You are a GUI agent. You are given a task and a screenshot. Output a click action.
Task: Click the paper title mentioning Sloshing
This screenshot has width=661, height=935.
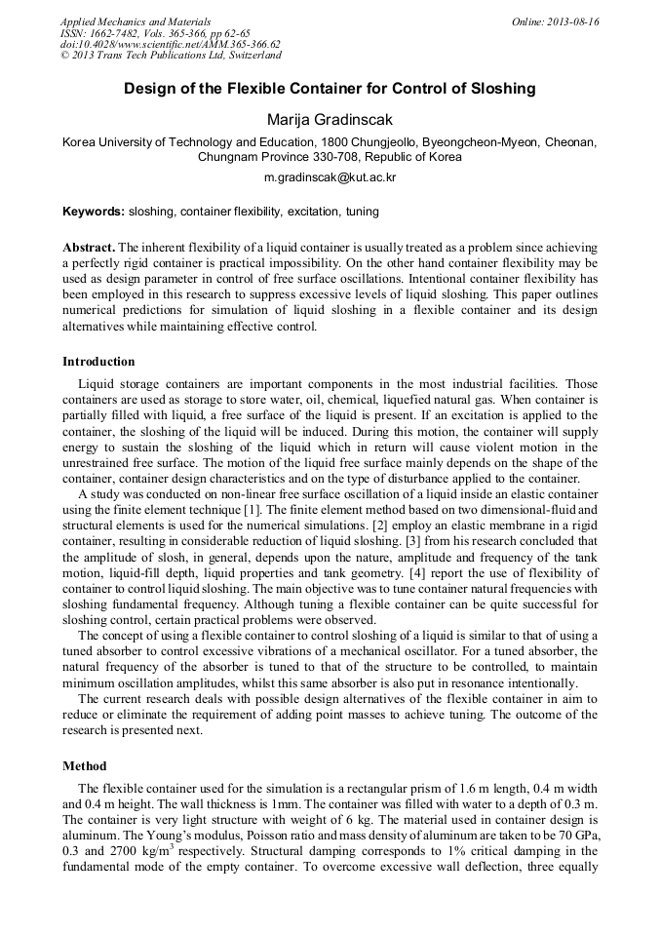330,89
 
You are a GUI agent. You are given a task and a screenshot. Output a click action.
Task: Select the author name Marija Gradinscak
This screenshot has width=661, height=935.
330,119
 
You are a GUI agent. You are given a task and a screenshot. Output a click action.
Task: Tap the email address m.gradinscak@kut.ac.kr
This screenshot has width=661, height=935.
330,178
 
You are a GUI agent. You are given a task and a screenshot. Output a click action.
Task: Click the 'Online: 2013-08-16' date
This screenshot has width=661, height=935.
555,21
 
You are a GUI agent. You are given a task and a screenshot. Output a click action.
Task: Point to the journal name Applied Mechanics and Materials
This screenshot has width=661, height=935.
136,21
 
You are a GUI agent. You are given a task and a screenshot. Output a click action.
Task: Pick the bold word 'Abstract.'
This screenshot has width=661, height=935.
89,249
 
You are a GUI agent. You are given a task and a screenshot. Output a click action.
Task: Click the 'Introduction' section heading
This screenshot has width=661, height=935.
98,362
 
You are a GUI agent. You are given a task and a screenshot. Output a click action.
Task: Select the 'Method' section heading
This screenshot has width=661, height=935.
84,766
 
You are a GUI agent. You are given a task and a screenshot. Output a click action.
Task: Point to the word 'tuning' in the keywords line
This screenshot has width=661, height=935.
361,212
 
